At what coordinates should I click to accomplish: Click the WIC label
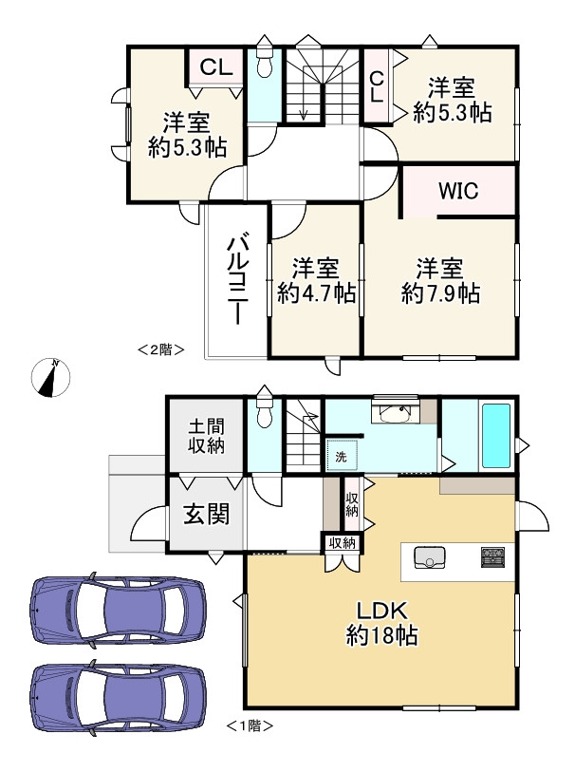[458, 191]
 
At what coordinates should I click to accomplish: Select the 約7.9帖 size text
[440, 294]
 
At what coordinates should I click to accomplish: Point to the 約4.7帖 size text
[316, 294]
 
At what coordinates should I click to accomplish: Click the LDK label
[382, 611]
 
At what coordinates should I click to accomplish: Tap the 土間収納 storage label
[207, 436]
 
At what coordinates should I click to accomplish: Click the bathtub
[496, 436]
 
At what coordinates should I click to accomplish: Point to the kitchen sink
[430, 557]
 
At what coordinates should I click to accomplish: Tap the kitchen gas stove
[492, 556]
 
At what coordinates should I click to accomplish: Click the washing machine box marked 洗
[342, 456]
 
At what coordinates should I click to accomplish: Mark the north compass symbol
[50, 378]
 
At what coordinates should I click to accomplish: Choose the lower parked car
[118, 699]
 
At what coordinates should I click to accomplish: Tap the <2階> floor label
[161, 350]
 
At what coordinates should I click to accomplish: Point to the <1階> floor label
[250, 725]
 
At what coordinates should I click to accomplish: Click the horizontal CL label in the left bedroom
[216, 67]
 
